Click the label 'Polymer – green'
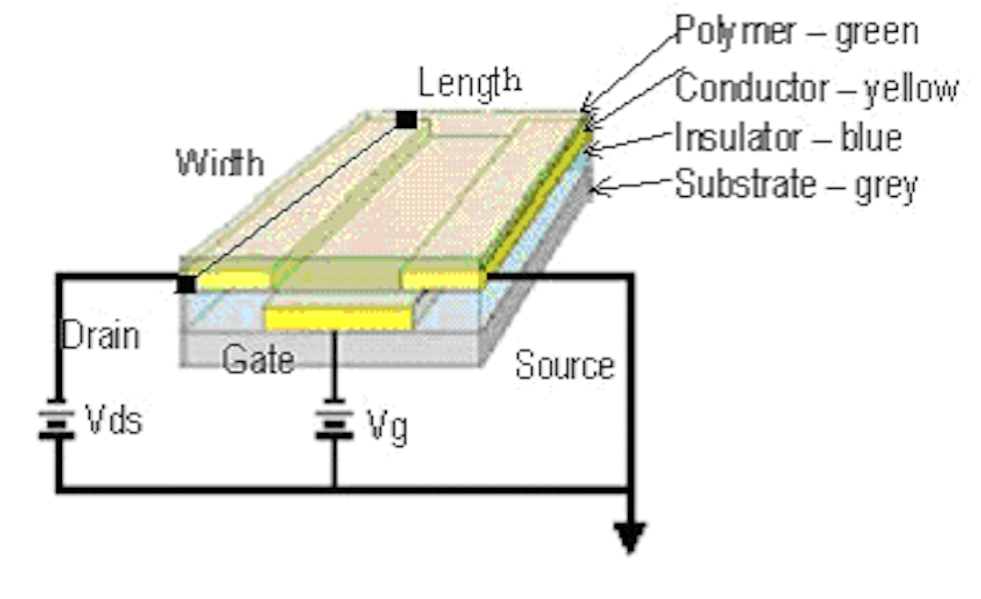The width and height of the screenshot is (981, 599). (x=796, y=32)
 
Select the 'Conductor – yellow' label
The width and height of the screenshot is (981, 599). (x=816, y=88)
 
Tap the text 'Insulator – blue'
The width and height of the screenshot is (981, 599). (x=788, y=137)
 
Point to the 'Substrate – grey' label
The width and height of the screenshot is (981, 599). (x=796, y=186)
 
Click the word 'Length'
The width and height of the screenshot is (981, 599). (x=469, y=82)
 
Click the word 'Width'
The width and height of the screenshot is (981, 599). (x=220, y=163)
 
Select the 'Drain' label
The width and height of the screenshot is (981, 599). (x=101, y=335)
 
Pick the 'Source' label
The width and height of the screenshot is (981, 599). (x=564, y=365)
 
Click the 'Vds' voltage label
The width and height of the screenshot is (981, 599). (x=114, y=420)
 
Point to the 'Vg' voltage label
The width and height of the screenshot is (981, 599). (x=387, y=426)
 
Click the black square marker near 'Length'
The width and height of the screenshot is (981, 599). (x=406, y=120)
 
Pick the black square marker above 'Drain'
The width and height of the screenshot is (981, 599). (x=186, y=284)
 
